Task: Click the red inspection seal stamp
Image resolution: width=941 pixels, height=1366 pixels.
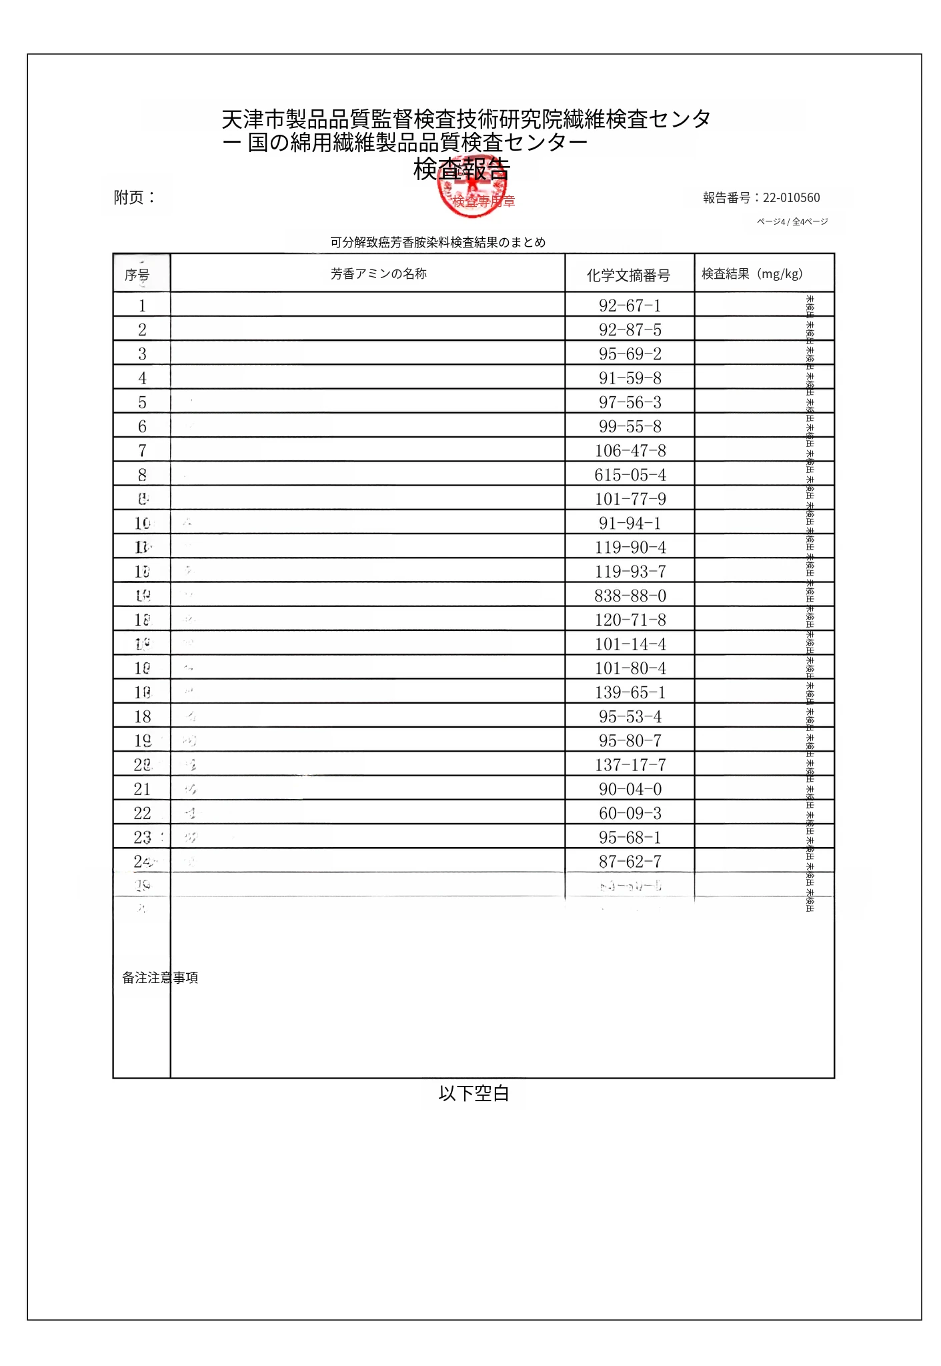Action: [472, 192]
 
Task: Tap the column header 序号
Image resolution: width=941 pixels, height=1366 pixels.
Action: [137, 275]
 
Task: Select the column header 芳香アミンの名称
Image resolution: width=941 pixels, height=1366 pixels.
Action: [378, 273]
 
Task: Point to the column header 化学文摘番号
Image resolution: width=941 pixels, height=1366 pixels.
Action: [628, 275]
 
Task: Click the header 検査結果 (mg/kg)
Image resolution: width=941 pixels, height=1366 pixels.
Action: [752, 273]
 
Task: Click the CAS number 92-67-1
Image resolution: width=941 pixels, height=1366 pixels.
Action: [630, 305]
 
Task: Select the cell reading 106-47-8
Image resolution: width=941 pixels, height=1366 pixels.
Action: [630, 451]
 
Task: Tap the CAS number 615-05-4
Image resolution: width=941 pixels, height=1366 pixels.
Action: [630, 475]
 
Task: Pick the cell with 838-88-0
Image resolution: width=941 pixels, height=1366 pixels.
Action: [630, 596]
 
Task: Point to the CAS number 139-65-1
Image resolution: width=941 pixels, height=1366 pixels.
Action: [630, 692]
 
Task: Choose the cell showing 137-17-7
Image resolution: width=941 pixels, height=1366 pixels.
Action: [630, 765]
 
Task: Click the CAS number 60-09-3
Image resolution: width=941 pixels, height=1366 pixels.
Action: [630, 813]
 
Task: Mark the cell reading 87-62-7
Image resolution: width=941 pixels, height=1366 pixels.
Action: [630, 862]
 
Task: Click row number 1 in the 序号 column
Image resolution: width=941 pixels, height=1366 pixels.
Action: [142, 305]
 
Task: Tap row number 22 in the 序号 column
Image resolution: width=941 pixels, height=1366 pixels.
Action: [142, 813]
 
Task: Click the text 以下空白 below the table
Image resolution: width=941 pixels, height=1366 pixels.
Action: [474, 1094]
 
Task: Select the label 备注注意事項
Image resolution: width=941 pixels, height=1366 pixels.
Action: [160, 978]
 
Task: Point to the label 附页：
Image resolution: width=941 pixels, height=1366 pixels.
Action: [135, 197]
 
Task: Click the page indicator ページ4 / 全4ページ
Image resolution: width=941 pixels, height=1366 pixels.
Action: [792, 221]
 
